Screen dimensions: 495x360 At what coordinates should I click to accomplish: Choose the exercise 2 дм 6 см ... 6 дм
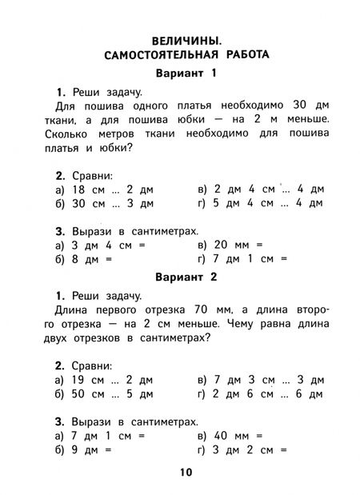pyautogui.click(x=268, y=394)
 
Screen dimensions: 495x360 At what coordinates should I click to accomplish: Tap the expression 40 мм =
pyautogui.click(x=238, y=436)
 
